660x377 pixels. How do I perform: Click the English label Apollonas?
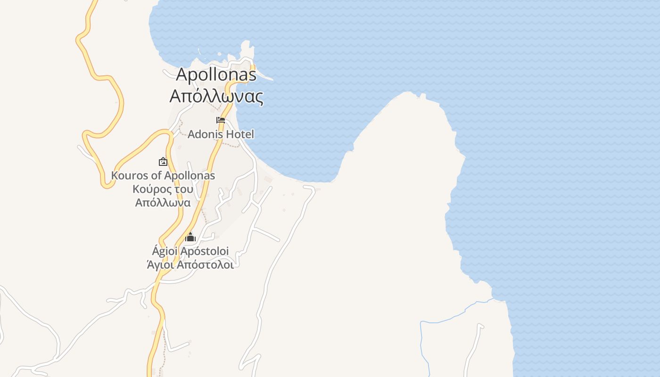click(216, 74)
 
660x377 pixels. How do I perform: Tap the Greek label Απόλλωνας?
click(216, 96)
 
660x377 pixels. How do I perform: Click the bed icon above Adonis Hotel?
click(220, 120)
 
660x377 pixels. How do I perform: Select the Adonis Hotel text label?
click(221, 134)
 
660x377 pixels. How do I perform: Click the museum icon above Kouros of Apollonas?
click(163, 162)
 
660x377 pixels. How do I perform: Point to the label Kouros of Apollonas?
click(163, 176)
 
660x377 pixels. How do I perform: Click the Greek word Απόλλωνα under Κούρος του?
click(163, 203)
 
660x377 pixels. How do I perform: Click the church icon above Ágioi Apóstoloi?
click(190, 237)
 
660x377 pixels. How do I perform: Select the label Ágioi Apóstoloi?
click(190, 251)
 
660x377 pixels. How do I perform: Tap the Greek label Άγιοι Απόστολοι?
click(190, 264)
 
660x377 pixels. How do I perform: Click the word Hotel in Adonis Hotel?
click(239, 134)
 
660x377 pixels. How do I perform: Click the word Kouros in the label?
click(127, 176)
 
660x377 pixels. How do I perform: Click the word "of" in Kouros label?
click(151, 176)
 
